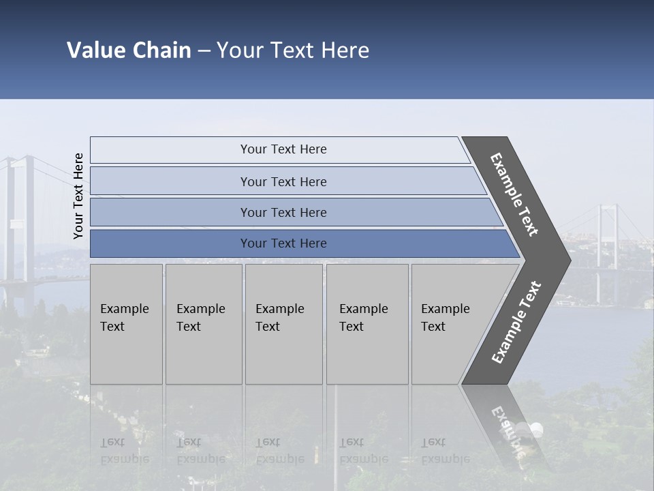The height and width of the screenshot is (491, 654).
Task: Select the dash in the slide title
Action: pos(204,50)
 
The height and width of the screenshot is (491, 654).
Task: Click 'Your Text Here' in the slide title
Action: pos(293,50)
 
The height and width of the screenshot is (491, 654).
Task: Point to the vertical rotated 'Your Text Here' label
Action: pos(78,196)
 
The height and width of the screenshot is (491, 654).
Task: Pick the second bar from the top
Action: pos(283,181)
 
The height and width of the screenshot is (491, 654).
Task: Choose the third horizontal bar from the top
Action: pos(283,212)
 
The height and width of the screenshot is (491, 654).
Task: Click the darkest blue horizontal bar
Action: pos(283,243)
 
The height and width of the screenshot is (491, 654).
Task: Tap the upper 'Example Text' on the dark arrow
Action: pos(514,194)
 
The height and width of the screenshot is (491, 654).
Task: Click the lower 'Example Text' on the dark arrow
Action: pos(516,323)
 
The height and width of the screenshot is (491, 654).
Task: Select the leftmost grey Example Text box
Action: pos(126,324)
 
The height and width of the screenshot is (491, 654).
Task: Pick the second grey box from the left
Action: pos(203,324)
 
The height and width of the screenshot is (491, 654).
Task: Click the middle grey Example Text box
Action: pos(283,324)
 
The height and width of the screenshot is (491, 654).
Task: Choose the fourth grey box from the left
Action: pos(367,324)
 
